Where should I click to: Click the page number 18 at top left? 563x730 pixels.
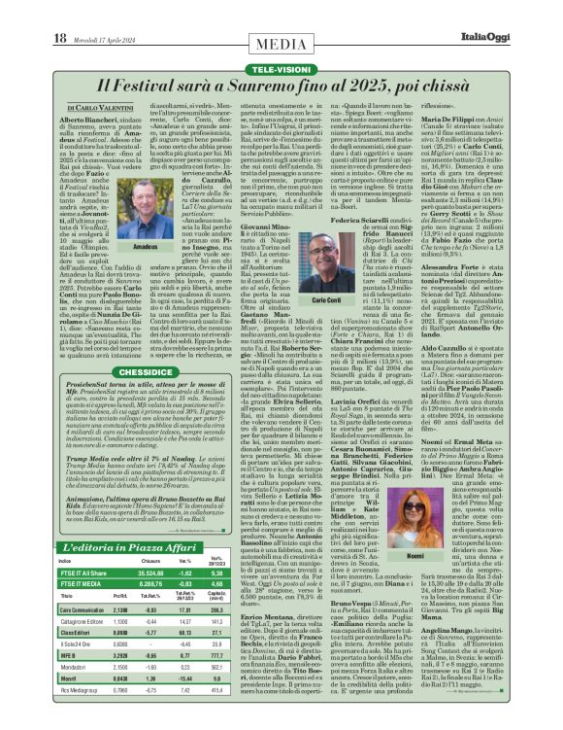(59, 38)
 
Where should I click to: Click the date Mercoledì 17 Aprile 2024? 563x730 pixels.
(104, 39)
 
